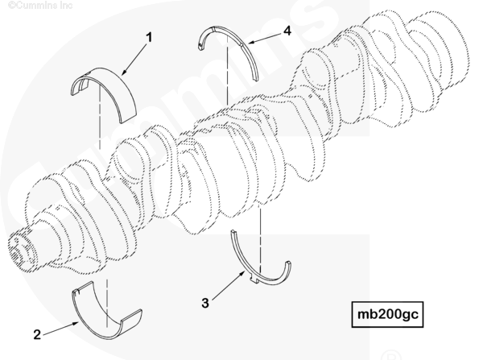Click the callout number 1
point(148,38)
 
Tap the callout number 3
point(205,303)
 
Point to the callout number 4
point(287,31)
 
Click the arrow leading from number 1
point(134,59)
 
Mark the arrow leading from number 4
point(266,36)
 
